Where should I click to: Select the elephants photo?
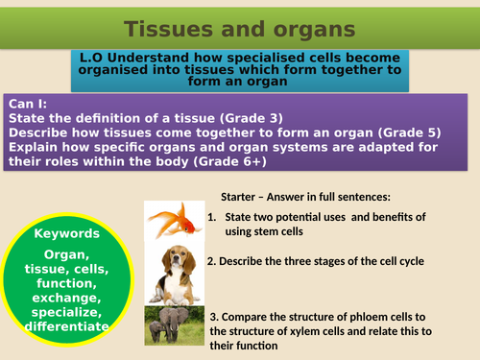tap(172, 327)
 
